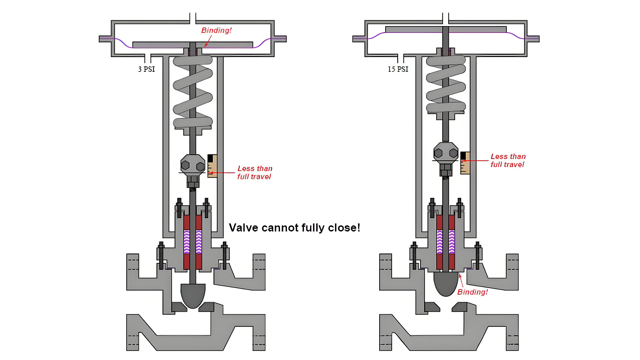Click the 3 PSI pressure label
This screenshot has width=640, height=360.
click(x=147, y=69)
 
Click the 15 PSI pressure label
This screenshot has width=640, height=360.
click(x=398, y=69)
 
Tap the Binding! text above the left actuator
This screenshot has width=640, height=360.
click(x=216, y=30)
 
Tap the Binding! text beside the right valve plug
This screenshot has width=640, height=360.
click(x=472, y=292)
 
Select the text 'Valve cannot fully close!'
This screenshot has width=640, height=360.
click(x=294, y=228)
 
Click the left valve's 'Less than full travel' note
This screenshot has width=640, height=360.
click(x=255, y=173)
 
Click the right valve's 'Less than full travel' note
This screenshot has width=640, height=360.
click(x=508, y=160)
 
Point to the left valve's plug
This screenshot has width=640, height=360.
click(x=193, y=295)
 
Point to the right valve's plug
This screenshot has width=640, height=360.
click(x=446, y=283)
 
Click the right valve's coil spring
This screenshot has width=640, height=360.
click(x=446, y=83)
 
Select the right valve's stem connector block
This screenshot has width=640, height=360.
click(x=446, y=153)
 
